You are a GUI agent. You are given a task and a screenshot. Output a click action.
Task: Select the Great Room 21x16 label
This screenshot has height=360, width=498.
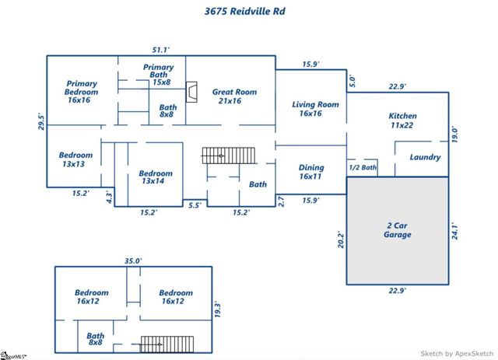coord(234,96)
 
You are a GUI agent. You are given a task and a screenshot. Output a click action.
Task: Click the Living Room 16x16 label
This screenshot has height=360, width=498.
coord(315,109)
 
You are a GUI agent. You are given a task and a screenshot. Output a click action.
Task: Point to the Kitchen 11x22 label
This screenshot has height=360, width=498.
coord(402,121)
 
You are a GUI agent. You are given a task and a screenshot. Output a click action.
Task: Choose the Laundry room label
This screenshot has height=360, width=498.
coord(425,157)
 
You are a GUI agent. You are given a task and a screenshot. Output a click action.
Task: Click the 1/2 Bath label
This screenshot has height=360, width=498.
coord(363,167)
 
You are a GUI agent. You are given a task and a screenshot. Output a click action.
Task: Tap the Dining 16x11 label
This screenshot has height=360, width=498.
coord(311,172)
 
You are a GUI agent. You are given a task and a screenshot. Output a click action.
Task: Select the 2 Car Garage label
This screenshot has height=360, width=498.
coord(397,229)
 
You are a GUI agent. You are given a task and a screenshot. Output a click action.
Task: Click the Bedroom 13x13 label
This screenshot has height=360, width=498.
coord(75,159)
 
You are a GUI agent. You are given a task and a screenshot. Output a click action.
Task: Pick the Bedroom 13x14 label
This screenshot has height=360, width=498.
coord(156,178)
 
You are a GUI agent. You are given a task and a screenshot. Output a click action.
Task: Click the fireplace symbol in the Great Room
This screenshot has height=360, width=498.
coord(191,93)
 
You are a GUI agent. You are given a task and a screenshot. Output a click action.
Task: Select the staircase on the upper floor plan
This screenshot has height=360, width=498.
coord(166,343)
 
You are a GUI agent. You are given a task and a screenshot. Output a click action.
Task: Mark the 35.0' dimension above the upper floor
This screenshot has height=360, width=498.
coord(133,261)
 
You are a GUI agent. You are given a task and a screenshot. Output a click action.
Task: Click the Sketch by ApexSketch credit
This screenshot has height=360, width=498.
coord(457,352)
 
